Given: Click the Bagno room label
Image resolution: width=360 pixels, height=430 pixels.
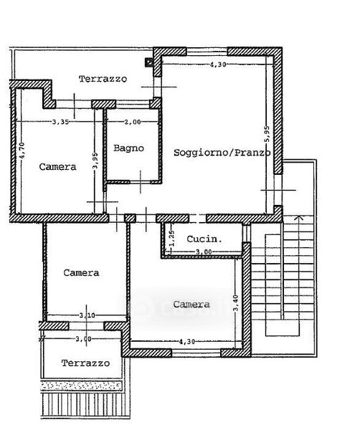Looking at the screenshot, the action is (x=128, y=148).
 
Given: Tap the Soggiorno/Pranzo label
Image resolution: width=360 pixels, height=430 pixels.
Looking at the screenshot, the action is (x=222, y=153).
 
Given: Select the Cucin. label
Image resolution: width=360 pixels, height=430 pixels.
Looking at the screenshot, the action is (x=204, y=239).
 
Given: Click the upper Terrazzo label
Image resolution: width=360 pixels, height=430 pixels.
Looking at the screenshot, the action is (x=103, y=79).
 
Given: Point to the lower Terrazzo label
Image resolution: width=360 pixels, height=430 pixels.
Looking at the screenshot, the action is (x=85, y=363).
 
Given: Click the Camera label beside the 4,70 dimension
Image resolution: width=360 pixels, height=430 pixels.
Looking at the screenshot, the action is (x=57, y=167).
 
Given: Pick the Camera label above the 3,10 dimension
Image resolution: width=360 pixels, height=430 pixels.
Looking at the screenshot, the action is (x=81, y=273).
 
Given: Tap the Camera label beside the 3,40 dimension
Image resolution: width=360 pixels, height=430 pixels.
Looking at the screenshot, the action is (x=191, y=304).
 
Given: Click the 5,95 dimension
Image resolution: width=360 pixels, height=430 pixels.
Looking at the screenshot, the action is (x=267, y=134).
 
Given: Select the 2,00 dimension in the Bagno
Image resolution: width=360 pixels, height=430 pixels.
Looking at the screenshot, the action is (x=133, y=122).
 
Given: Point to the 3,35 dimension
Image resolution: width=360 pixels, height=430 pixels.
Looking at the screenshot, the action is (x=61, y=122).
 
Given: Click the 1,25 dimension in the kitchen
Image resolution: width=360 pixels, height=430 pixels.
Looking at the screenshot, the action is (x=172, y=239).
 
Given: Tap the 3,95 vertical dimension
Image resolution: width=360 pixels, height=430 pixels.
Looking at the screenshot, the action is (x=95, y=161).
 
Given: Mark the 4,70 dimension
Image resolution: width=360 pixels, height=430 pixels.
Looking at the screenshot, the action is (x=22, y=150).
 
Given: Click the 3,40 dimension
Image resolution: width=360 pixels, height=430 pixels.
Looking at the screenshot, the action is (x=236, y=303).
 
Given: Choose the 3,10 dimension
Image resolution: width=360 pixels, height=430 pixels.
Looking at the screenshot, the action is (x=87, y=315).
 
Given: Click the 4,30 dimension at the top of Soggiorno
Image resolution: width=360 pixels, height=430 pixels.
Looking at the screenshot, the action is (x=218, y=64).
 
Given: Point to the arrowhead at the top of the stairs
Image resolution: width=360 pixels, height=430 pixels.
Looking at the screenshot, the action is (x=299, y=218).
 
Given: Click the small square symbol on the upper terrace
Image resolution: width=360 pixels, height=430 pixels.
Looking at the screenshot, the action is (x=149, y=62).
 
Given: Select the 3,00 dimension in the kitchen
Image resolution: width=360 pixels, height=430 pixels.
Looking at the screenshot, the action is (x=204, y=252).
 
